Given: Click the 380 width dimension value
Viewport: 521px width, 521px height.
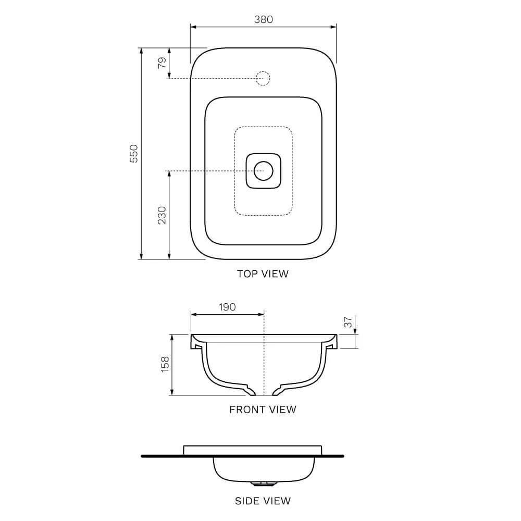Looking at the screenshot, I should point(263,19).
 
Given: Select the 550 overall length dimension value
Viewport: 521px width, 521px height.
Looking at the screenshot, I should point(134,153).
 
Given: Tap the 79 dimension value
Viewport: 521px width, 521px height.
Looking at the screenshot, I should point(163,63).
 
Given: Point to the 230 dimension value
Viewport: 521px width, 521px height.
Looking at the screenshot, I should point(162,215).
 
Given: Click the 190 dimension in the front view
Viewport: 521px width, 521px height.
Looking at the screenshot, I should point(227,307).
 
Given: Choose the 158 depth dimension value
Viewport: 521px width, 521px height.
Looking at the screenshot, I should point(165,364).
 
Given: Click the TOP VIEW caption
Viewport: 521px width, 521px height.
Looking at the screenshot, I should point(263,274).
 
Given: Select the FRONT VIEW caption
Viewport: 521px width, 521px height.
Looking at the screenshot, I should point(263,410).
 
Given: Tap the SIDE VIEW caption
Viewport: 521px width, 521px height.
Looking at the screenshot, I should point(263,501).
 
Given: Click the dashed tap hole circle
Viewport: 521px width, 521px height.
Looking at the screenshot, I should point(263,79).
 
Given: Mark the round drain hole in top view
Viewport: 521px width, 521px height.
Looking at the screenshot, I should point(263,170).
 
